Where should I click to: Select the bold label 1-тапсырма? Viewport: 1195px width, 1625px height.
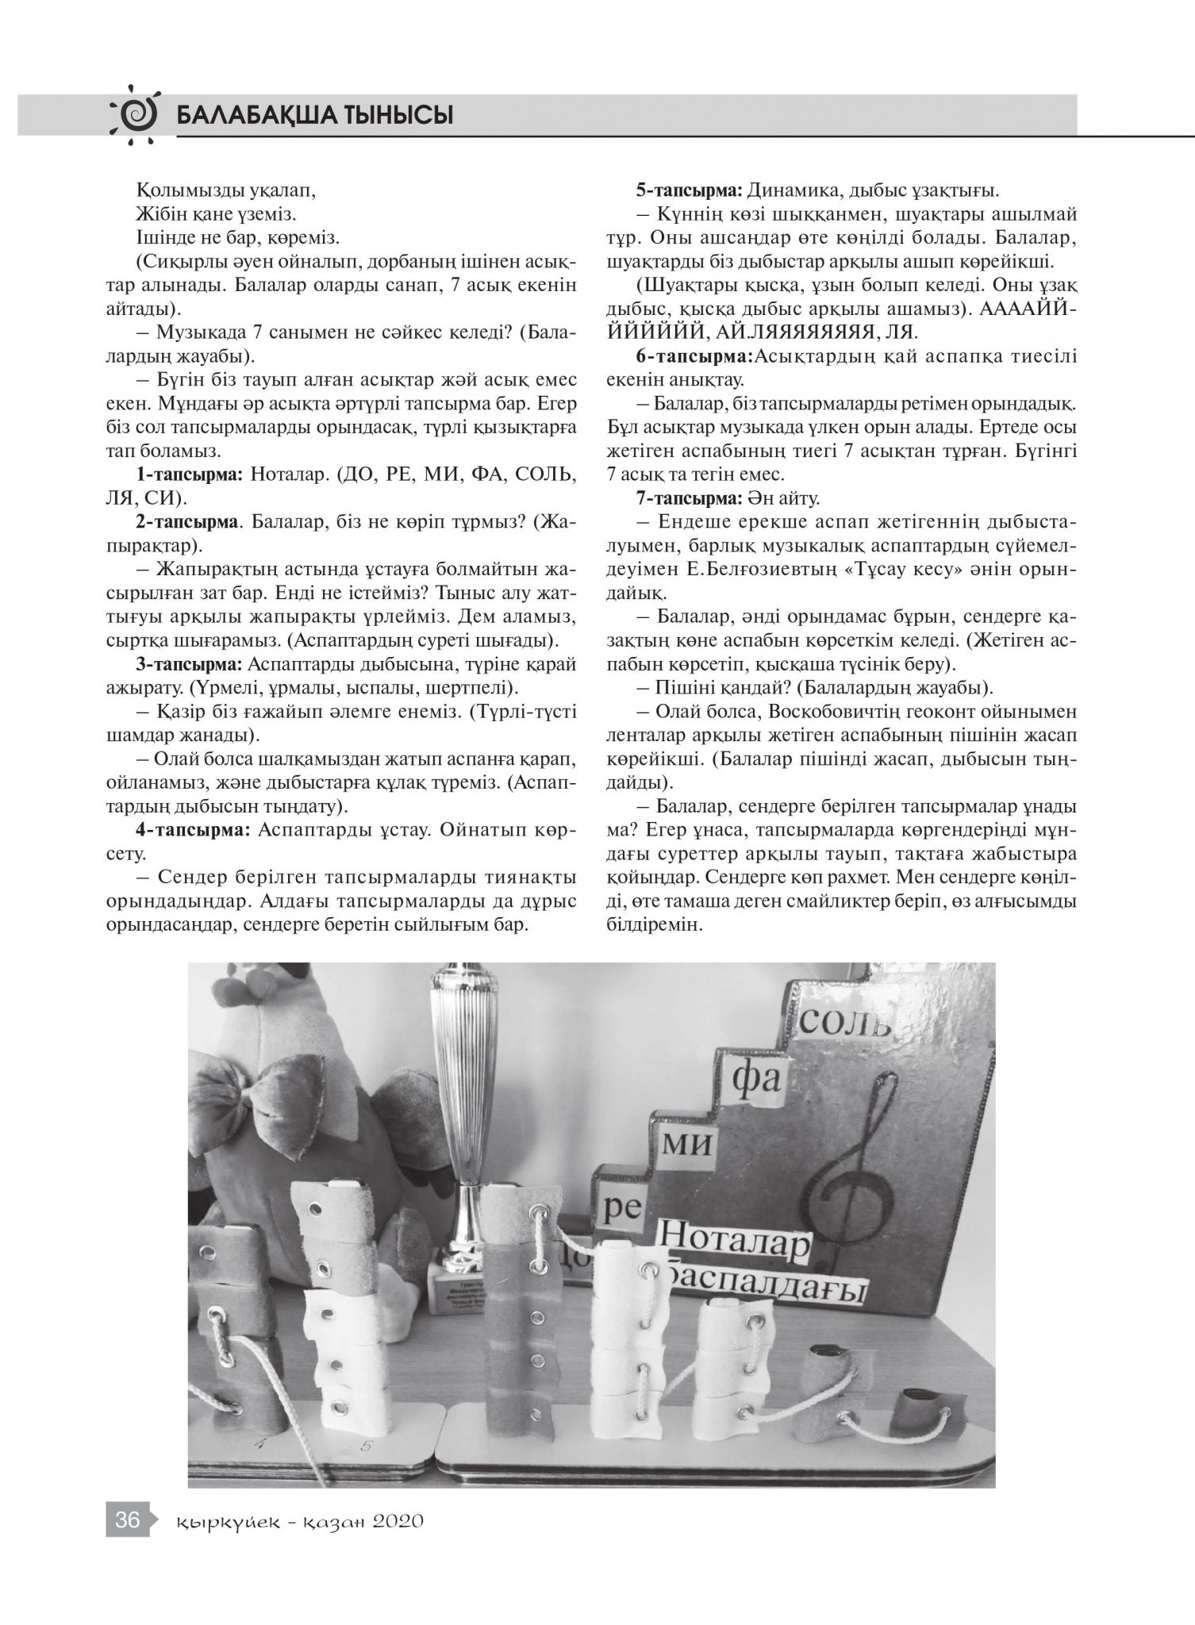point(187,475)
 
